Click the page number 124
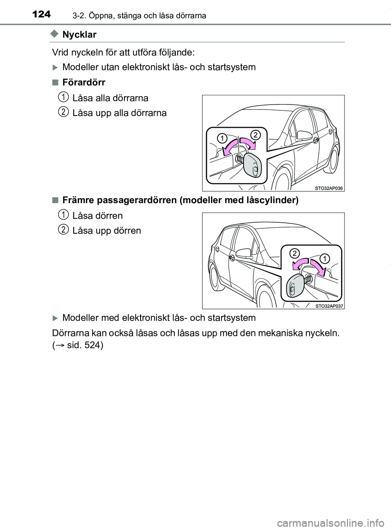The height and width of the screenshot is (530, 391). pos(42,15)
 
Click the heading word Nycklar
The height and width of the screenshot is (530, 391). pos(79,35)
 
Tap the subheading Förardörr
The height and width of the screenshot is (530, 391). pos(84,83)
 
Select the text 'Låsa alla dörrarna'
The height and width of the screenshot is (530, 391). pos(110,98)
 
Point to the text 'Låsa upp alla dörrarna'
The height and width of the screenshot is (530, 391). pos(119,113)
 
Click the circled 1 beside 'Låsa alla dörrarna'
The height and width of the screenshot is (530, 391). pos(63,97)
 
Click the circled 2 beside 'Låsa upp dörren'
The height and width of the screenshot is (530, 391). pos(63,230)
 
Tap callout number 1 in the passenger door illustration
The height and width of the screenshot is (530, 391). pos(324,258)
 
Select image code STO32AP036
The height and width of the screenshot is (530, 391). pos(329,188)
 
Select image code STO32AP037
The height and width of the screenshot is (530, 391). pos(329,306)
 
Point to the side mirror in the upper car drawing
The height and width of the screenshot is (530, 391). pos(303,136)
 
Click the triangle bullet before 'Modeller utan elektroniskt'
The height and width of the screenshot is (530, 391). pos(56,68)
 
